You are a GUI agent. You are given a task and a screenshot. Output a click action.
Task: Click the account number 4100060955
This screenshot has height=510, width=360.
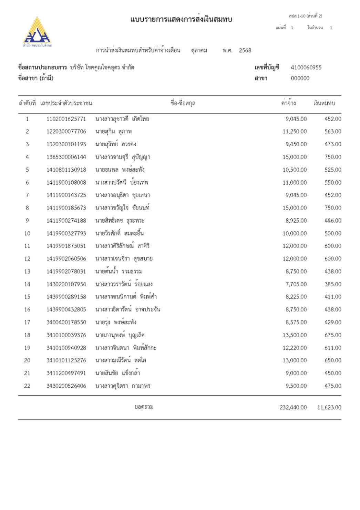306,68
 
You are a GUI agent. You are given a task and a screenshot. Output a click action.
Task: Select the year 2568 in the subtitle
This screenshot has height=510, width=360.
245,50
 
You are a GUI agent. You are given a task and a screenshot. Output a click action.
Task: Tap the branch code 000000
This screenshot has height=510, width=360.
300,78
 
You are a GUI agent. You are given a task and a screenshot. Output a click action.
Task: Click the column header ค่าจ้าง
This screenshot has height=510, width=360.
288,103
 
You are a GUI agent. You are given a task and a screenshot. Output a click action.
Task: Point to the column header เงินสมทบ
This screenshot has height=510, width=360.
324,103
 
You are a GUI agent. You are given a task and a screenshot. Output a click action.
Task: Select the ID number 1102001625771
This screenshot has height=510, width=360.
66,119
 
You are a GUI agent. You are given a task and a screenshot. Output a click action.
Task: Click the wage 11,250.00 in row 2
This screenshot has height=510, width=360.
295,132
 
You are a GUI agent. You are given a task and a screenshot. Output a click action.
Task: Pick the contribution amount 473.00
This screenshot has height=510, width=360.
333,144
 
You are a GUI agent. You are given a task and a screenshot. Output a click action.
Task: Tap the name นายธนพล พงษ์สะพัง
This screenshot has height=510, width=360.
120,170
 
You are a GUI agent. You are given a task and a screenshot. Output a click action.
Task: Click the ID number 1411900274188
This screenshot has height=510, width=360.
66,221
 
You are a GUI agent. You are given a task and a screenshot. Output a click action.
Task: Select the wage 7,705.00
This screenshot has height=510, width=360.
296,284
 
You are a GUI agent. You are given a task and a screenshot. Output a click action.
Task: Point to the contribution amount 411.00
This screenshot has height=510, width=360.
333,297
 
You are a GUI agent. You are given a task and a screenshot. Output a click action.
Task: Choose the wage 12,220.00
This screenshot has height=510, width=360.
295,348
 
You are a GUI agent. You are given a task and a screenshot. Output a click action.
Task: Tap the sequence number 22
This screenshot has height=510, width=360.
27,386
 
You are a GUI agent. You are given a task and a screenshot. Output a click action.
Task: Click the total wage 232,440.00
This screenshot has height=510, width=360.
293,407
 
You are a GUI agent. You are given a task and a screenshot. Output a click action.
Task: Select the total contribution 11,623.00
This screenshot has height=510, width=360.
329,407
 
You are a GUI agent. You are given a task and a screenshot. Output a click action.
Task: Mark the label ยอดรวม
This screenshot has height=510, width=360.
144,407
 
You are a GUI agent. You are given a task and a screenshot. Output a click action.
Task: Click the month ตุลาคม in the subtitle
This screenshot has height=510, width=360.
199,50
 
